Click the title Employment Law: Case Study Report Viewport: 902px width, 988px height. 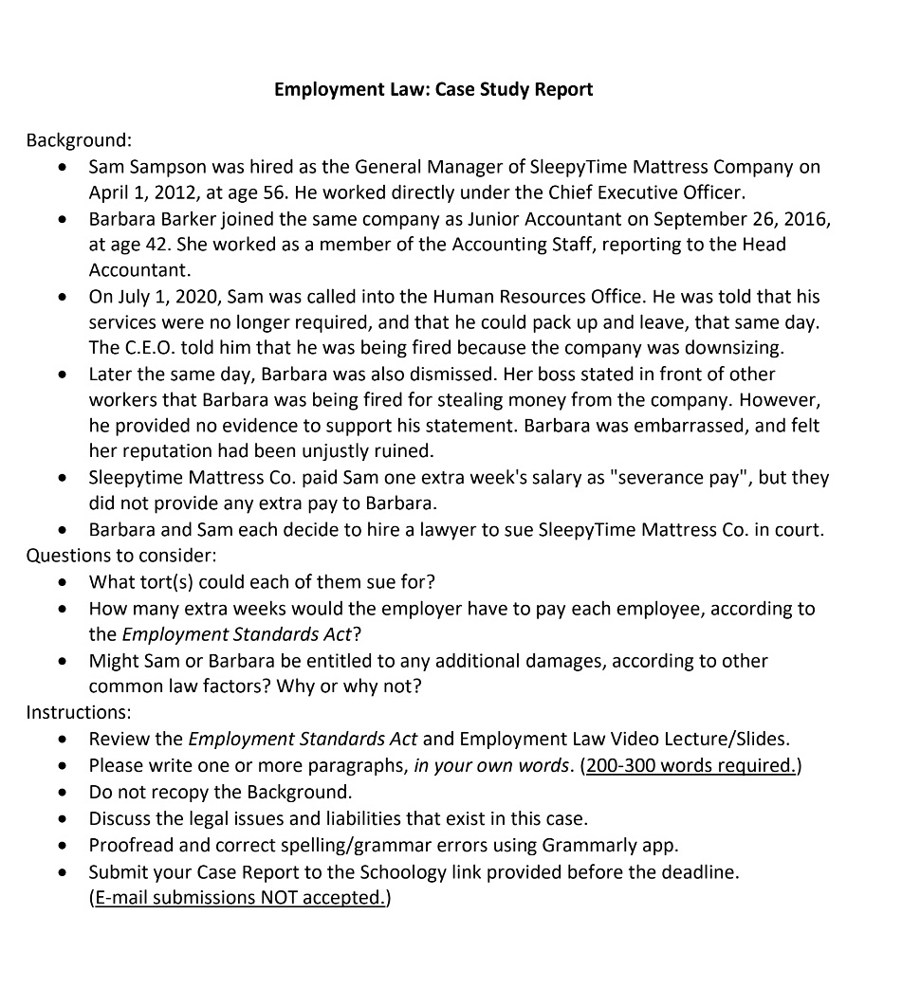pyautogui.click(x=433, y=89)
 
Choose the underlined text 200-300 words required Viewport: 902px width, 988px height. pyautogui.click(x=690, y=765)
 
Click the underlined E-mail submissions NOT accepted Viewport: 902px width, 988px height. pyautogui.click(x=239, y=897)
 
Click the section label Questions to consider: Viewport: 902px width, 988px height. pyautogui.click(x=121, y=555)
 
